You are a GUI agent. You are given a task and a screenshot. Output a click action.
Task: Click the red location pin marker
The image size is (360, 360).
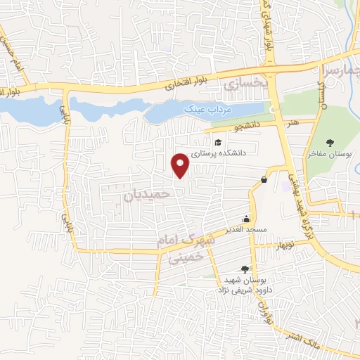point(181,165)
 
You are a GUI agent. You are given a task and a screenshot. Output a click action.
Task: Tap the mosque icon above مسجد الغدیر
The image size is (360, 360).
point(246,218)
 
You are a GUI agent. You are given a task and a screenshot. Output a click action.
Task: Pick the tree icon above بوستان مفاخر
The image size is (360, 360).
point(330,143)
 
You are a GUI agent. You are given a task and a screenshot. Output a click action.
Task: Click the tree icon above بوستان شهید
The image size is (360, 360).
point(244,268)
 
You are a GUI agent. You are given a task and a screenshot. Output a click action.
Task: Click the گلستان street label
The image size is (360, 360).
point(322,91)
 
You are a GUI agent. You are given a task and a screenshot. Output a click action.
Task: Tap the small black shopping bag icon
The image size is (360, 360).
point(264,179)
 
